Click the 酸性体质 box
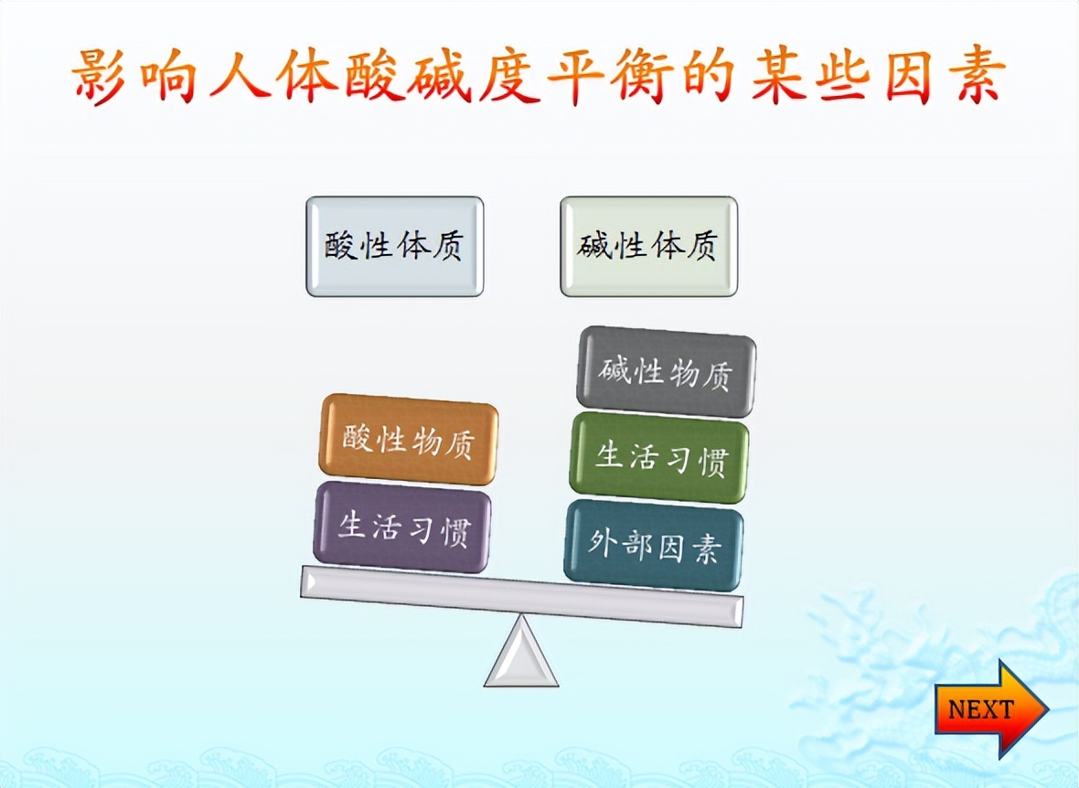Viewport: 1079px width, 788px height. pyautogui.click(x=395, y=247)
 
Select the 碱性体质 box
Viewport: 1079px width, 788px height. pyautogui.click(x=649, y=247)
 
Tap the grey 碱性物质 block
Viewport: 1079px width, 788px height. pyautogui.click(x=666, y=372)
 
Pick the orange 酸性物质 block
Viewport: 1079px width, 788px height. pyautogui.click(x=409, y=440)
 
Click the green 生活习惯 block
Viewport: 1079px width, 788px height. pyautogui.click(x=659, y=458)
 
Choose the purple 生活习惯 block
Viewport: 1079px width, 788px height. pyautogui.click(x=401, y=527)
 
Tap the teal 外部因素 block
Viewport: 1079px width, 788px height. pyautogui.click(x=654, y=545)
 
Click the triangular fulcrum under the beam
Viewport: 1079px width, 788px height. pyautogui.click(x=521, y=651)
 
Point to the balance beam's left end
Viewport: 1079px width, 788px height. pyautogui.click(x=303, y=581)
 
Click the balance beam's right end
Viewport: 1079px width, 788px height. pyautogui.click(x=742, y=612)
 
